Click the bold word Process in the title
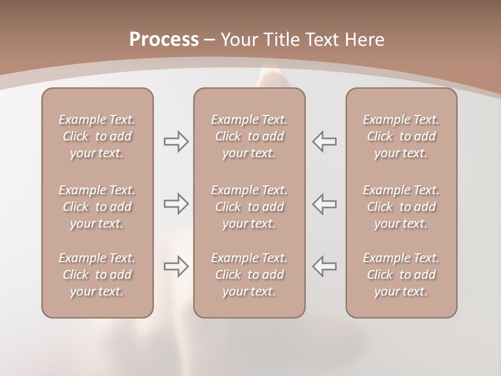pos(164,40)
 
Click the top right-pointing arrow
pos(176,142)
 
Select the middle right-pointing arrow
pos(176,204)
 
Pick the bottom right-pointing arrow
pos(176,266)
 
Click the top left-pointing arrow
pos(324,142)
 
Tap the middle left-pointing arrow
pos(324,204)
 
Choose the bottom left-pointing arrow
pos(324,266)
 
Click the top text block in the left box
pos(97,136)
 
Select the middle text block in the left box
pos(97,207)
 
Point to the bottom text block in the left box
pos(97,275)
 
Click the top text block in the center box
pos(249,136)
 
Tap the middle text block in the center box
pos(249,207)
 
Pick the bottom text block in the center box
pos(249,275)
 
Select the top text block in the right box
pos(401,136)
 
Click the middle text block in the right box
pos(401,207)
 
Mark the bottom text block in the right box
pos(401,275)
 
